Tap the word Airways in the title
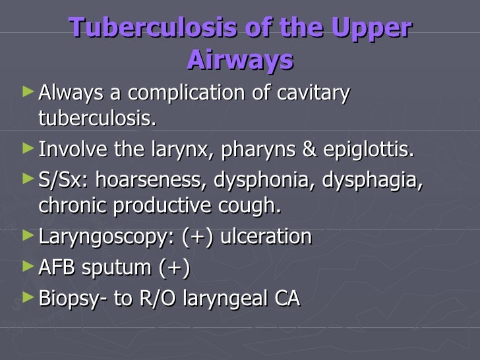click(239, 59)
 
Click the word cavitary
click(313, 94)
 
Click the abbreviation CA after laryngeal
click(285, 298)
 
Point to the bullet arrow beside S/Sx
click(26, 177)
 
